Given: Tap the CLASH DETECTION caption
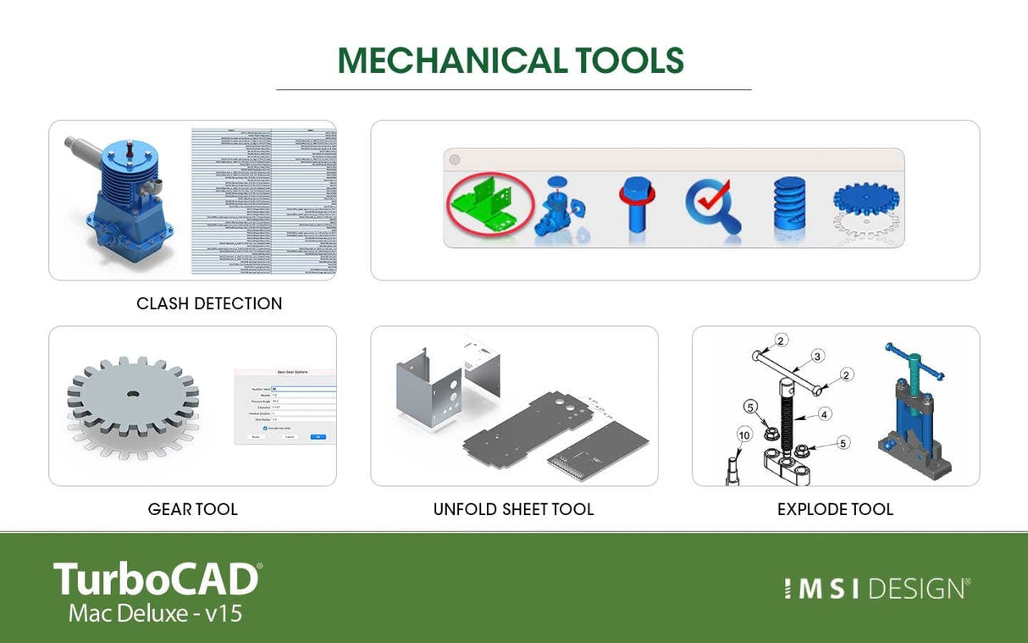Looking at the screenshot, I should (209, 303).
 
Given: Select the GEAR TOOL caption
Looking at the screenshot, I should (192, 509).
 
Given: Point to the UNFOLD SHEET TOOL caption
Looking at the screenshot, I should (513, 509).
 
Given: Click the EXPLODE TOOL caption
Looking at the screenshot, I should (835, 509).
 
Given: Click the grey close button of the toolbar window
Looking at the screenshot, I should (454, 159).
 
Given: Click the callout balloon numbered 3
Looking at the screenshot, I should (818, 355).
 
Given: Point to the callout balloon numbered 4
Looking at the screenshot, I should (824, 415).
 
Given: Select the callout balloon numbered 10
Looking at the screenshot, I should (744, 435).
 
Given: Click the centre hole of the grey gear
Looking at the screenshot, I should (132, 395).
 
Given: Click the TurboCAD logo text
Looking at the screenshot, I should (156, 579).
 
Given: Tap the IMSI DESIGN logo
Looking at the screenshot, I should (876, 589).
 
